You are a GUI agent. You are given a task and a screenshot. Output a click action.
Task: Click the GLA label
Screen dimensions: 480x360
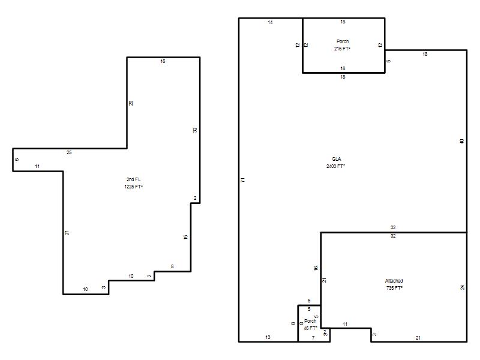pos(336,159)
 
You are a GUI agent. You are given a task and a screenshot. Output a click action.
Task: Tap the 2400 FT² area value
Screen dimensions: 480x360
pos(335,166)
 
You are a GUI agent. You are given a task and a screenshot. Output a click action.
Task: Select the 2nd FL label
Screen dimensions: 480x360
pos(133,179)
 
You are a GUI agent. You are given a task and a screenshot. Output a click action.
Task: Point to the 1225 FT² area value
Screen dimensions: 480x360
pos(133,187)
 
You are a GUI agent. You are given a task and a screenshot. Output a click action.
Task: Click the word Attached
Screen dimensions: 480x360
pos(394,281)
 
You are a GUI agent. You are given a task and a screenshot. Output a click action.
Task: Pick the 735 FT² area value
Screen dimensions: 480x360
pos(394,288)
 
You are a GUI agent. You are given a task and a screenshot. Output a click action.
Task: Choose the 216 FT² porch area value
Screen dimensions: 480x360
pos(342,49)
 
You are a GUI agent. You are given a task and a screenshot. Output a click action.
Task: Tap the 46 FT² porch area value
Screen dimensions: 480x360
pos(310,328)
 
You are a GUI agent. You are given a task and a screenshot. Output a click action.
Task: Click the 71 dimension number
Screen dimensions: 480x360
pos(243,180)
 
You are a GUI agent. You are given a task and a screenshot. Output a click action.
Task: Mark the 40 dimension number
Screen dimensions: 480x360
pos(461,141)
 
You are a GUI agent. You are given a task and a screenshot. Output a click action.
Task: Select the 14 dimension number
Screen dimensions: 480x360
pos(270,22)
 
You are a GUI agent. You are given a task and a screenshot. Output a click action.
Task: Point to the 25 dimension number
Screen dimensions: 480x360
pos(69,152)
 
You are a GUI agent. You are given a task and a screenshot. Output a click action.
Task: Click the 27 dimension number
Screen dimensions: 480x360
pos(67,233)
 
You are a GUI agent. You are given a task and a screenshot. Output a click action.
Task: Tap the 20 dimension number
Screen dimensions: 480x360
pos(131,103)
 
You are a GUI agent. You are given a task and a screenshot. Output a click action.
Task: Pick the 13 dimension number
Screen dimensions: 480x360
pos(268,337)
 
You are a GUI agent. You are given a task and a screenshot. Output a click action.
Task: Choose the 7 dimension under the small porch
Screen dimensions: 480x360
pos(313,338)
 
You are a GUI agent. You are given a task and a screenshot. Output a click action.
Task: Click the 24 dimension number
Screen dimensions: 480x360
pos(462,287)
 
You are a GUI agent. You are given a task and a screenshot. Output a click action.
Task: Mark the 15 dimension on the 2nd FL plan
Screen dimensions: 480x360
pos(185,237)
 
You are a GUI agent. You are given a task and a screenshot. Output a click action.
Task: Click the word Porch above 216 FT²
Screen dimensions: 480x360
pos(343,41)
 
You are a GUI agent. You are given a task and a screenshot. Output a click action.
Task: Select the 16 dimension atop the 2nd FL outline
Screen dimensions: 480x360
pos(163,62)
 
